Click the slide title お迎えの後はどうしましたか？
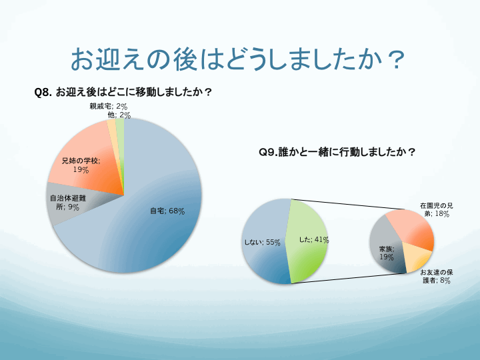coord(238,59)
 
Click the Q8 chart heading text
coord(123,92)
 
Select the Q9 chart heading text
coord(337,152)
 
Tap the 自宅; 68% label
coord(167,211)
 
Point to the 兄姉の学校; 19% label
coord(81,165)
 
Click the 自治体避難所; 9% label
coord(68,203)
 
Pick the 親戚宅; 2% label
coord(109,106)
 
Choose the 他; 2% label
coord(119,115)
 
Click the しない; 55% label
coord(262,243)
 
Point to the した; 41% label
coord(314,240)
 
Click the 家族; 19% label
coord(387,253)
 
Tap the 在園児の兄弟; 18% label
coord(436,210)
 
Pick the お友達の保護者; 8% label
coord(437,277)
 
